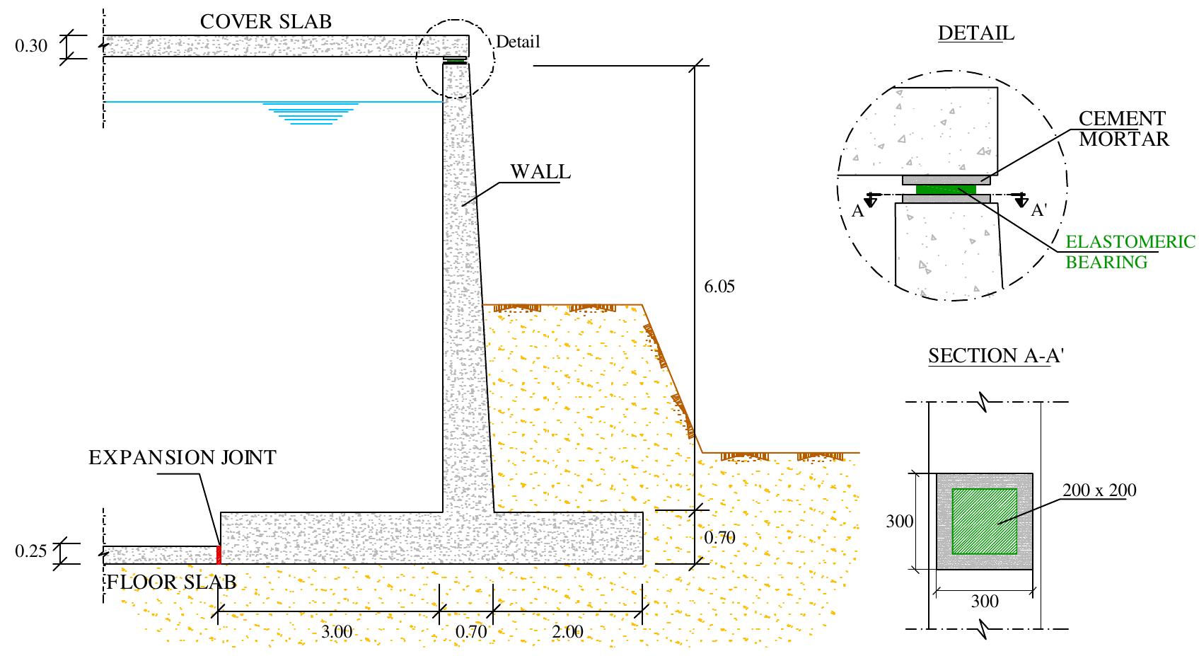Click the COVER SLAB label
tap(265, 22)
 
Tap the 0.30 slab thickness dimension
tap(31, 47)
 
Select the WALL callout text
tap(540, 172)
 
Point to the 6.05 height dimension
tap(719, 287)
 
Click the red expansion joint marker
tap(219, 555)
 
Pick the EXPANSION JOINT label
tap(182, 458)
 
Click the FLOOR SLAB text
tap(171, 582)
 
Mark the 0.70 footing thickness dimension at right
tap(720, 538)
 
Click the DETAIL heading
tap(975, 33)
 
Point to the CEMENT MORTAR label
tap(1123, 129)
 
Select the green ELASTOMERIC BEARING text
tap(1130, 252)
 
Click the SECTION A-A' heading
tap(996, 356)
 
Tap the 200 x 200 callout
tap(1099, 490)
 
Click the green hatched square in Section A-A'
tap(984, 521)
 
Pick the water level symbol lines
tap(309, 114)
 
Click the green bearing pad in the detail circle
tap(945, 189)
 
